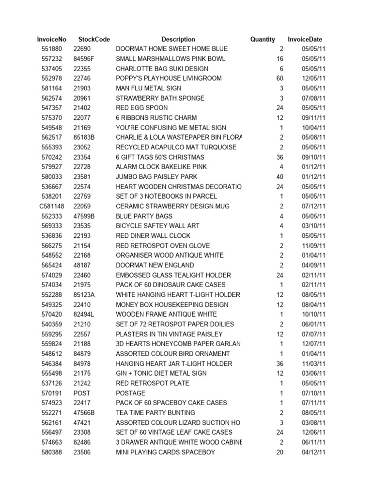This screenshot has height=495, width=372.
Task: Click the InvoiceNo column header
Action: [51, 39]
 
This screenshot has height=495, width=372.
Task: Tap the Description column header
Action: [178, 39]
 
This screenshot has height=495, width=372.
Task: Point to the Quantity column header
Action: [263, 39]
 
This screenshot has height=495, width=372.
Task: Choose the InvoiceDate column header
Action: [305, 39]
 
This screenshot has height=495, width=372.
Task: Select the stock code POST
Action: [82, 393]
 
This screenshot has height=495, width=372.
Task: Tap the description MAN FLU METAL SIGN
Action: [149, 88]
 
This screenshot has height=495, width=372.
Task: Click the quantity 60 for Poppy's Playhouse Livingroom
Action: [279, 78]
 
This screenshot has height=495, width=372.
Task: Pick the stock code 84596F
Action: [84, 59]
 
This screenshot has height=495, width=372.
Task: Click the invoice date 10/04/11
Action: [313, 128]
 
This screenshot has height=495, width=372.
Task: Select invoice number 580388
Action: [51, 452]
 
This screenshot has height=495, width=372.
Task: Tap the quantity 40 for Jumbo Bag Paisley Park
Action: [279, 177]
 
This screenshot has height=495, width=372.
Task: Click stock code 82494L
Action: [84, 314]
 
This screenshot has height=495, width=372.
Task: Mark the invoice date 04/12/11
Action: [313, 452]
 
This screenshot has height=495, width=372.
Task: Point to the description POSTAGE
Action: [130, 393]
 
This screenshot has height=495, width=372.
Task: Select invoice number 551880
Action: [51, 49]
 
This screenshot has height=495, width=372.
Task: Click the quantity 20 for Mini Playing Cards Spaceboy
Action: [279, 452]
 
